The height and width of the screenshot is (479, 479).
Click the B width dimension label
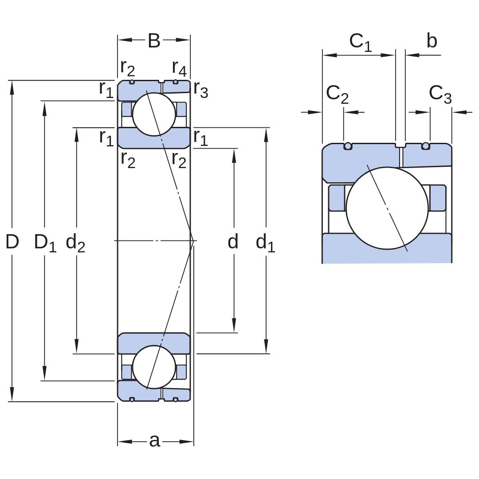coord(154,41)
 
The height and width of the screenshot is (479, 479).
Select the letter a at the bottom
coord(155,441)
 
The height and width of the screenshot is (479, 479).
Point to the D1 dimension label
coord(45,243)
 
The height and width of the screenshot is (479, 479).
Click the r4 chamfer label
coord(179,68)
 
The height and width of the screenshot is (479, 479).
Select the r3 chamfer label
coord(201,90)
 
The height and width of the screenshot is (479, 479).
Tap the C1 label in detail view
coord(361,43)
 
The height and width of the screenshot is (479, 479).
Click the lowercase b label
coord(432,41)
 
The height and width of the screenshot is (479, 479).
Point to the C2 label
coord(337,94)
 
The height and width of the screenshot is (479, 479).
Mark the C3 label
coord(440,94)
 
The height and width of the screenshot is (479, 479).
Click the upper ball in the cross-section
coord(154,114)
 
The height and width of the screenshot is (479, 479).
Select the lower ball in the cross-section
coord(154,367)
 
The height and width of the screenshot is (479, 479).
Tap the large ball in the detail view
coord(387,208)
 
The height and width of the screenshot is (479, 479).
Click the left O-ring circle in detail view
coord(348,146)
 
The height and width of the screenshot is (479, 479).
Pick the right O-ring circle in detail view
coord(425,146)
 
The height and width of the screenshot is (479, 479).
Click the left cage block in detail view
coord(337,198)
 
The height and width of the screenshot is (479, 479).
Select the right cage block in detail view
coord(438,198)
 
